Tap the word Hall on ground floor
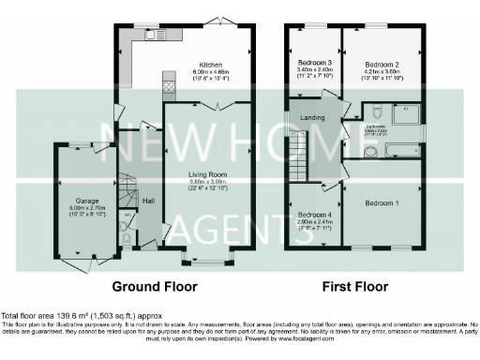coord(147,201)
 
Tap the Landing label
coord(312,117)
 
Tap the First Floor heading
coord(357,286)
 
